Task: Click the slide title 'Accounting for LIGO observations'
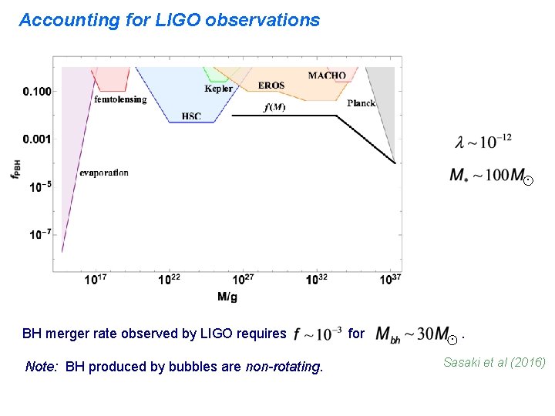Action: [x=169, y=21]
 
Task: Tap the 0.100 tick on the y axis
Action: [x=37, y=92]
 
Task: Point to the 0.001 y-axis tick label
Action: [x=37, y=139]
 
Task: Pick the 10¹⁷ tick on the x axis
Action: [x=96, y=280]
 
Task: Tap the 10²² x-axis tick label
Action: [x=170, y=280]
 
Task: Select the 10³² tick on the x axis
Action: [x=317, y=280]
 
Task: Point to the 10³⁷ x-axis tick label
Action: [x=390, y=280]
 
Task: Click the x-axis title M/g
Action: [x=228, y=297]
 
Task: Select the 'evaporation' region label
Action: [x=104, y=173]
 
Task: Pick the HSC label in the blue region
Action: [x=191, y=116]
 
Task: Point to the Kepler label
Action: [x=218, y=89]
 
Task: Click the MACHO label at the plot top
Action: [x=327, y=75]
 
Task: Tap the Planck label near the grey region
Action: [x=362, y=103]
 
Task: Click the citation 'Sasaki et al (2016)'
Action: [x=494, y=361]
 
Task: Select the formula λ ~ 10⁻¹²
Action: [x=483, y=142]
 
